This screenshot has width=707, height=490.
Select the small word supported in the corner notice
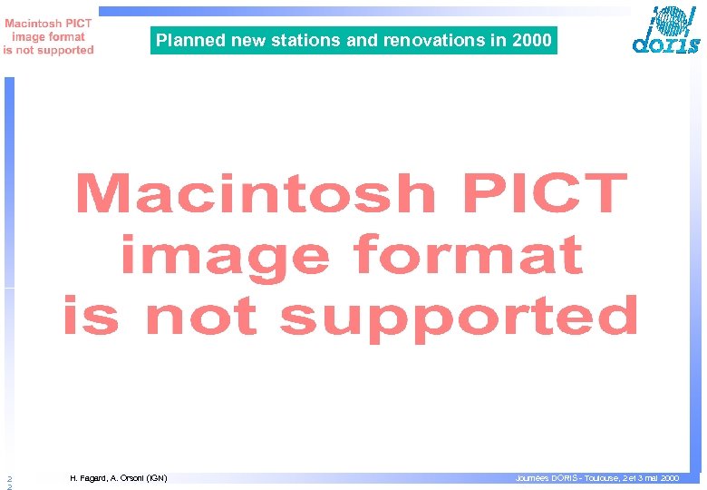click(x=63, y=51)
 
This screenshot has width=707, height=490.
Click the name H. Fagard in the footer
click(x=87, y=477)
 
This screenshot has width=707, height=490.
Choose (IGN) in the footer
click(x=157, y=477)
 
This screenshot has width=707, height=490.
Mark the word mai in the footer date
click(x=650, y=477)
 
